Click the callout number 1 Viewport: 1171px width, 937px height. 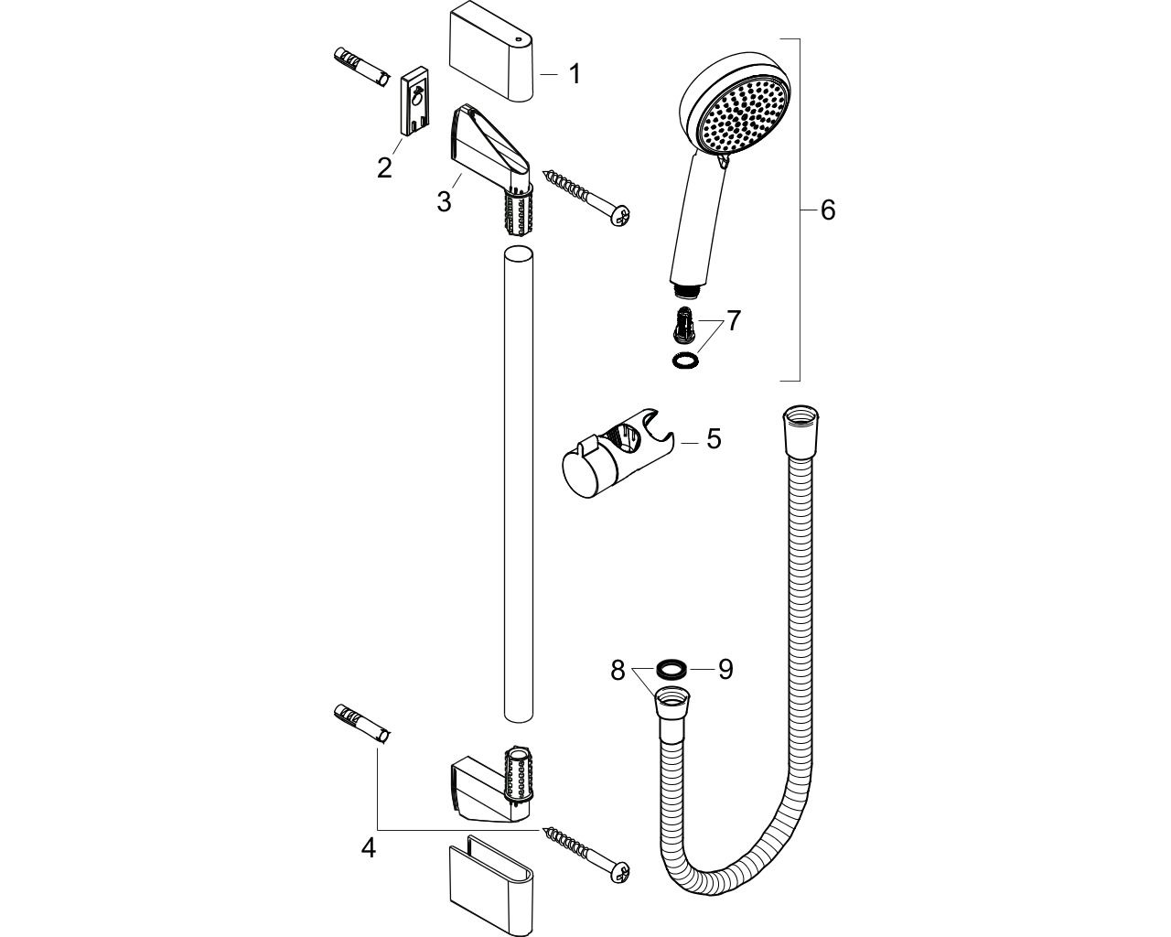[x=575, y=73]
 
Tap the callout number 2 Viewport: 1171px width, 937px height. [x=384, y=167]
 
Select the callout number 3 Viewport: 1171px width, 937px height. [x=444, y=201]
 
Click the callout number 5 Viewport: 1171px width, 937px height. [x=714, y=438]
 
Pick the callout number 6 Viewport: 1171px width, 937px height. [x=827, y=210]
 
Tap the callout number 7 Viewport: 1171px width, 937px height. [x=734, y=320]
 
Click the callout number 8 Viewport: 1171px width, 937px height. [x=617, y=670]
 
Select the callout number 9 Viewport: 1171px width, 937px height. [x=725, y=669]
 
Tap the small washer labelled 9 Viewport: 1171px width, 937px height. [x=671, y=670]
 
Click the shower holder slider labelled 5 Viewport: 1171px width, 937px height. [x=618, y=451]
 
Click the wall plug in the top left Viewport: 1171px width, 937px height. [x=360, y=68]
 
